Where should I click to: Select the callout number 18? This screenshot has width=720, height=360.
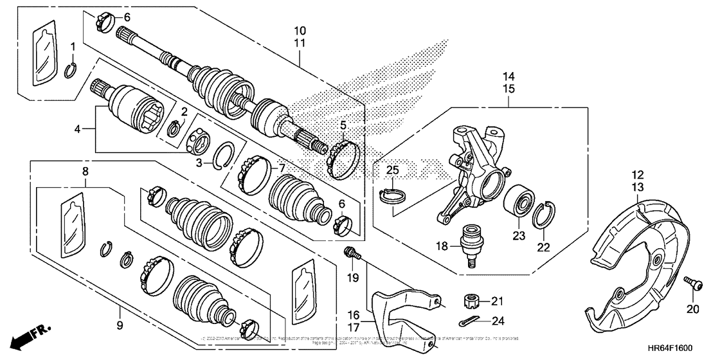(x=442, y=246)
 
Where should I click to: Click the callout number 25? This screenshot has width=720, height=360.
(x=392, y=170)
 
